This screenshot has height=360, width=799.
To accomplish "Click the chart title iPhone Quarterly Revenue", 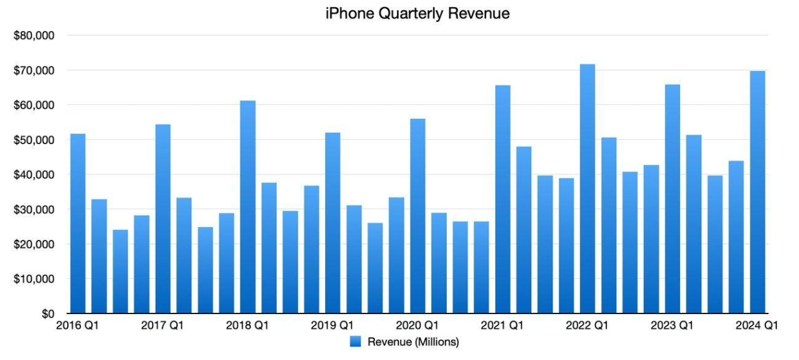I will [418, 13].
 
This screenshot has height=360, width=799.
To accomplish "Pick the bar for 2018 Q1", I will [248, 207].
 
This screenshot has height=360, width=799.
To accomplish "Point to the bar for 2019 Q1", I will [333, 223].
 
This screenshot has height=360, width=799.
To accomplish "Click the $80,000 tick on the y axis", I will [34, 36].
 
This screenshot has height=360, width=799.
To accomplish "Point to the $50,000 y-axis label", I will [34, 140].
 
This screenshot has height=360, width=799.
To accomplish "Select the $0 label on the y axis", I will [47, 314].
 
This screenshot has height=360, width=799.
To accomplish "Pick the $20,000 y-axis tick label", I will [34, 245].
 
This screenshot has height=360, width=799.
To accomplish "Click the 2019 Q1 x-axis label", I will [332, 326].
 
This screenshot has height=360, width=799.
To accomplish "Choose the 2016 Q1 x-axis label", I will [78, 326].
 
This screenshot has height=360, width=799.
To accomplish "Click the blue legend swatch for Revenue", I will [356, 342].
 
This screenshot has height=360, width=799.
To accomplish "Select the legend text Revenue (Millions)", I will [413, 342].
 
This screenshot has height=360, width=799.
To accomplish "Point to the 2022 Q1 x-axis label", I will [586, 326].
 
